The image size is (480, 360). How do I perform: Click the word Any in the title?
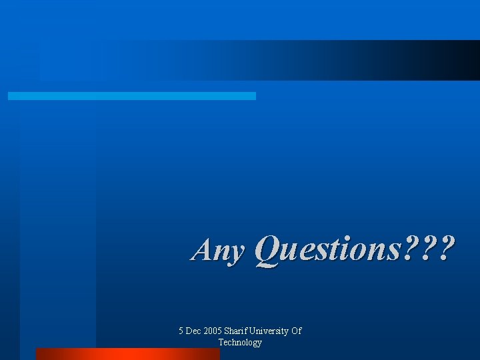[x=217, y=251]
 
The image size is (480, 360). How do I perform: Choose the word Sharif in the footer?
[x=237, y=331]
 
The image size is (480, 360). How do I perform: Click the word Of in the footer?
[x=297, y=331]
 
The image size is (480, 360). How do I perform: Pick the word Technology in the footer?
[x=240, y=342]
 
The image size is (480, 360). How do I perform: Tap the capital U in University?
[x=254, y=331]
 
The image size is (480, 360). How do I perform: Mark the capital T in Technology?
[x=221, y=342]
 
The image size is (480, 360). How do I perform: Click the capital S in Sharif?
[x=227, y=331]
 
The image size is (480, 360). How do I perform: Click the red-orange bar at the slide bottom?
[x=127, y=354]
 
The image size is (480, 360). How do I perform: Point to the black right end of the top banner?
[x=467, y=60]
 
